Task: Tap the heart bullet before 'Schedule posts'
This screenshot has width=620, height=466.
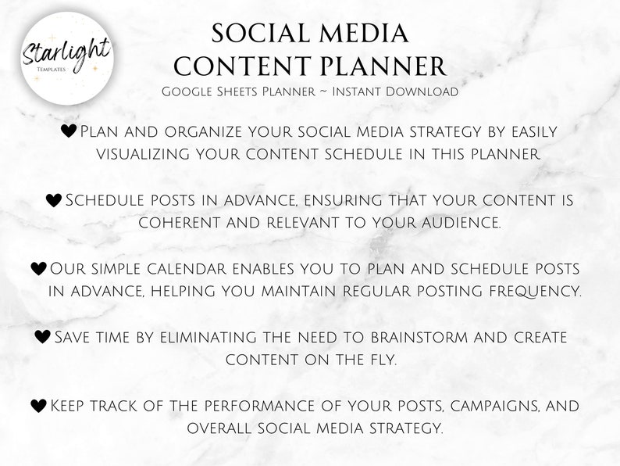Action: pos(53,201)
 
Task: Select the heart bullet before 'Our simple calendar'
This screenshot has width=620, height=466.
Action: pos(38,269)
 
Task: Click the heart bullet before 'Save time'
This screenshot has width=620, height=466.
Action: pos(43,337)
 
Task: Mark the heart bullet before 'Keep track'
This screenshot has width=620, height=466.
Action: pos(38,406)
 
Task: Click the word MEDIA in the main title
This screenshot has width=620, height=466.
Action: pos(357,34)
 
